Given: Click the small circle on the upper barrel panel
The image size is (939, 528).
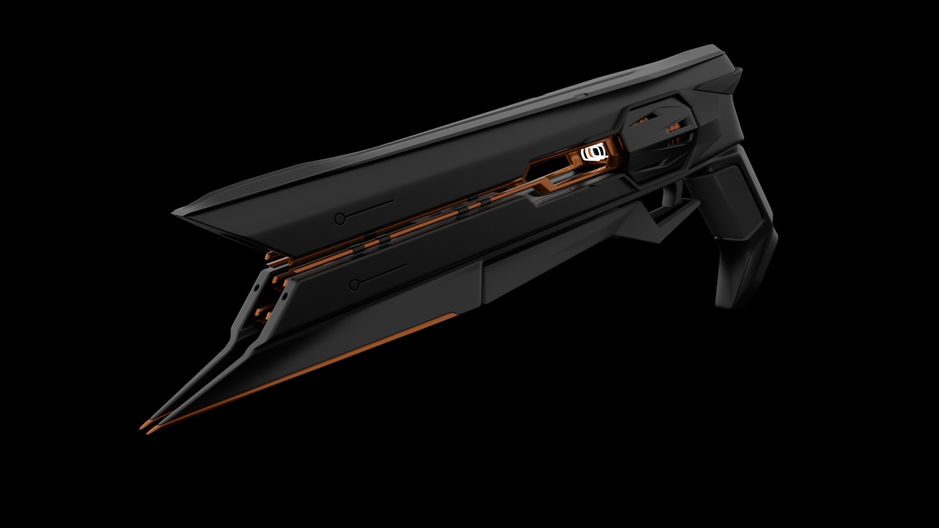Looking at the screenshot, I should [339, 219].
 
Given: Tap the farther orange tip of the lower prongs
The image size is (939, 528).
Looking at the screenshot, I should [142, 426].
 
